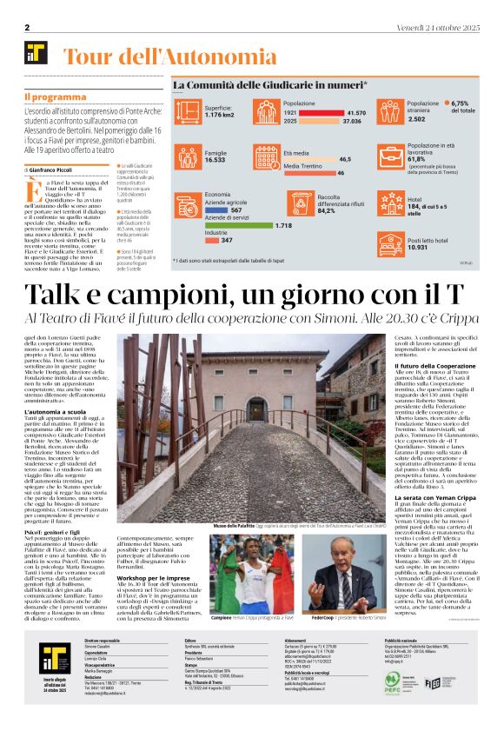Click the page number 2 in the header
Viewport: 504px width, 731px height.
point(27,28)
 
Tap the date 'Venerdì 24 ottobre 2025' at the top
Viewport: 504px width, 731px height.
point(432,28)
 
